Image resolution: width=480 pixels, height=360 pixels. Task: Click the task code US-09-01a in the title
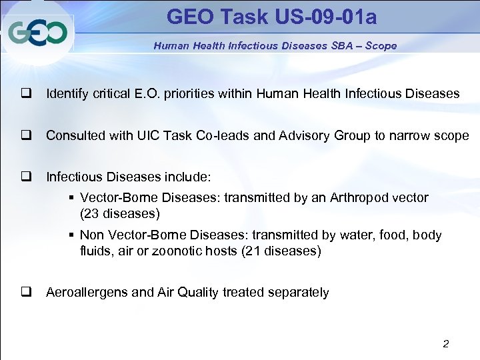324,17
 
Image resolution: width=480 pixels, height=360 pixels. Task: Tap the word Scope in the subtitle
381,46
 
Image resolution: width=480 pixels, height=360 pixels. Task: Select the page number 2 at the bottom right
446,344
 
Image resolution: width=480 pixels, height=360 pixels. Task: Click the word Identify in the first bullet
66,94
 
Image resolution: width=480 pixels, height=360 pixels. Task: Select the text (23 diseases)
120,214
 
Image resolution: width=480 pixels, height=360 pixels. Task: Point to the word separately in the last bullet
298,293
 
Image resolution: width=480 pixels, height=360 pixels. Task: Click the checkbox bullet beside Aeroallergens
27,293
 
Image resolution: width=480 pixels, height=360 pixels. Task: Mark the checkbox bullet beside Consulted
27,135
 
